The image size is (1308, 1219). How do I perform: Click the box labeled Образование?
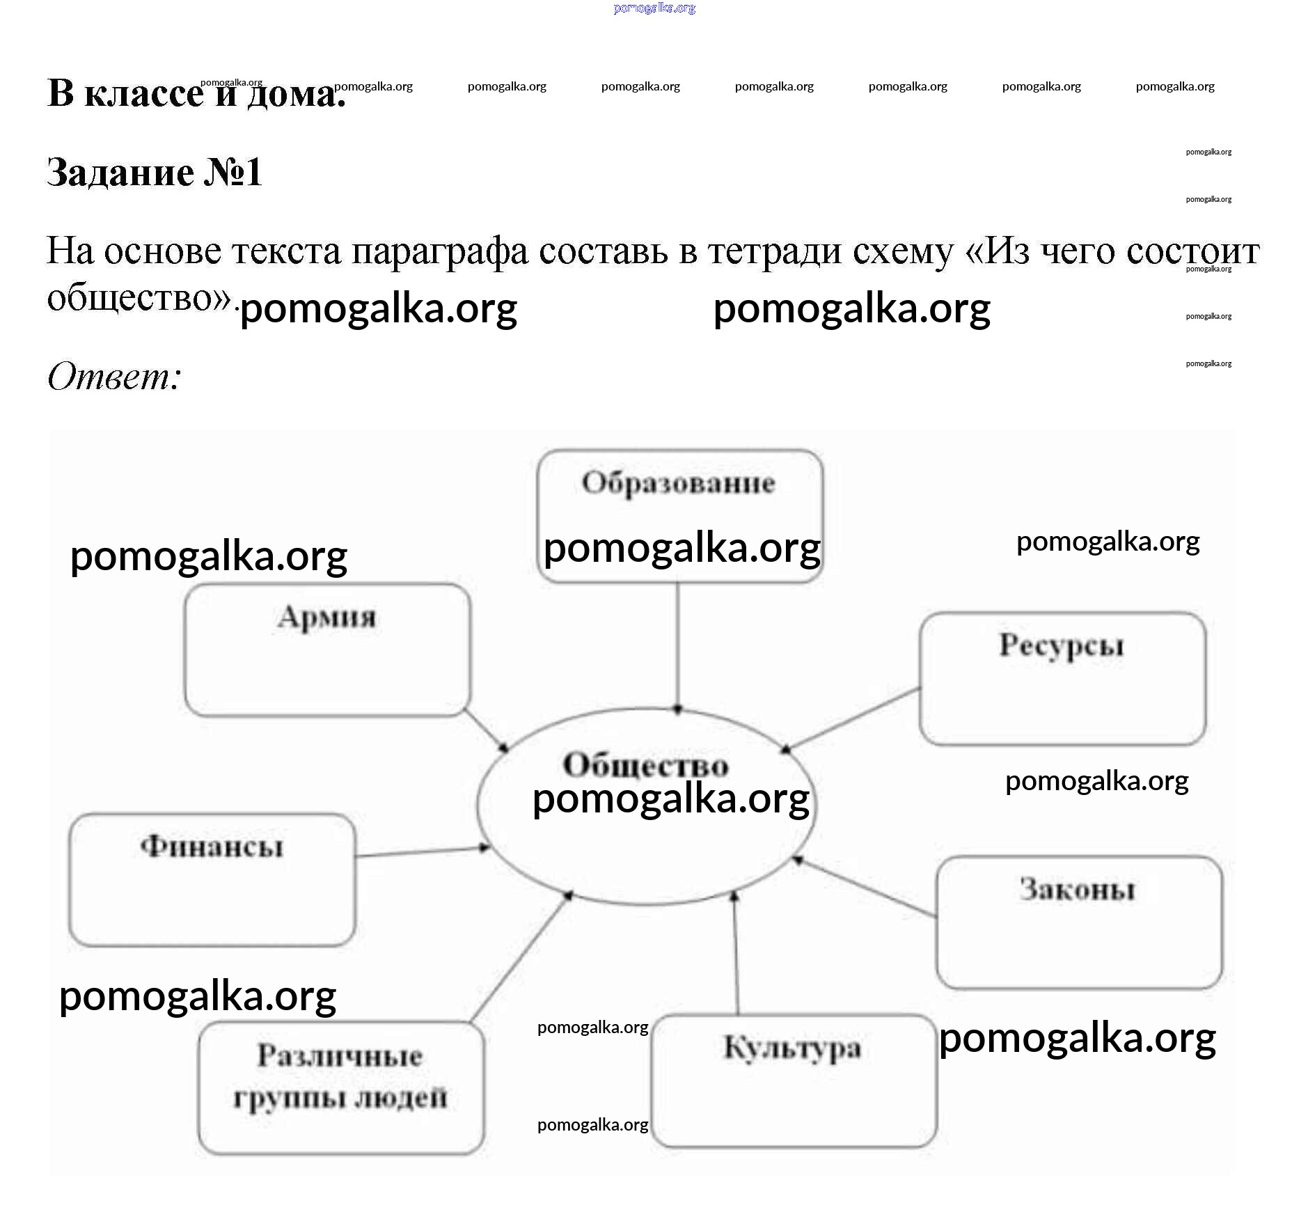click(679, 515)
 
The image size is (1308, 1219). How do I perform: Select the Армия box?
click(327, 650)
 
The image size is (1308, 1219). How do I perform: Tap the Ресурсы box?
click(1062, 679)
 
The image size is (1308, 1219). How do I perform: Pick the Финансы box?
click(212, 879)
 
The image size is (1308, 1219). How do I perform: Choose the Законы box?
click(1078, 922)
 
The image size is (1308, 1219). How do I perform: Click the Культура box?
click(794, 1080)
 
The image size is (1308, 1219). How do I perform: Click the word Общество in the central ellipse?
click(645, 765)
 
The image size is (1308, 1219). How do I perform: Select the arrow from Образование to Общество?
click(677, 644)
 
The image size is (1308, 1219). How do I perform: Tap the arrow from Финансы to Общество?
click(422, 851)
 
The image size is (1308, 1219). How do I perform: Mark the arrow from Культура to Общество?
click(736, 954)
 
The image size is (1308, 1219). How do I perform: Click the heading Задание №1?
click(154, 172)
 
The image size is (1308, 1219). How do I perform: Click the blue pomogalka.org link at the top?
click(654, 8)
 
